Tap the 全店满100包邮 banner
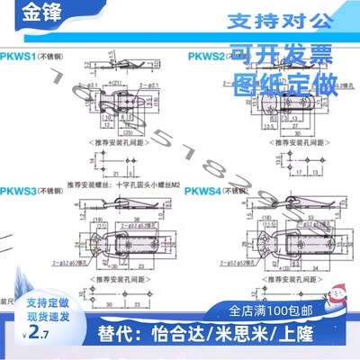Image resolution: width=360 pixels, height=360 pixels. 275,312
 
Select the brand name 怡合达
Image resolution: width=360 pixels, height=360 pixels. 188,342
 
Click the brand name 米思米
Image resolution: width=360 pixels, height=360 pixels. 248,342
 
